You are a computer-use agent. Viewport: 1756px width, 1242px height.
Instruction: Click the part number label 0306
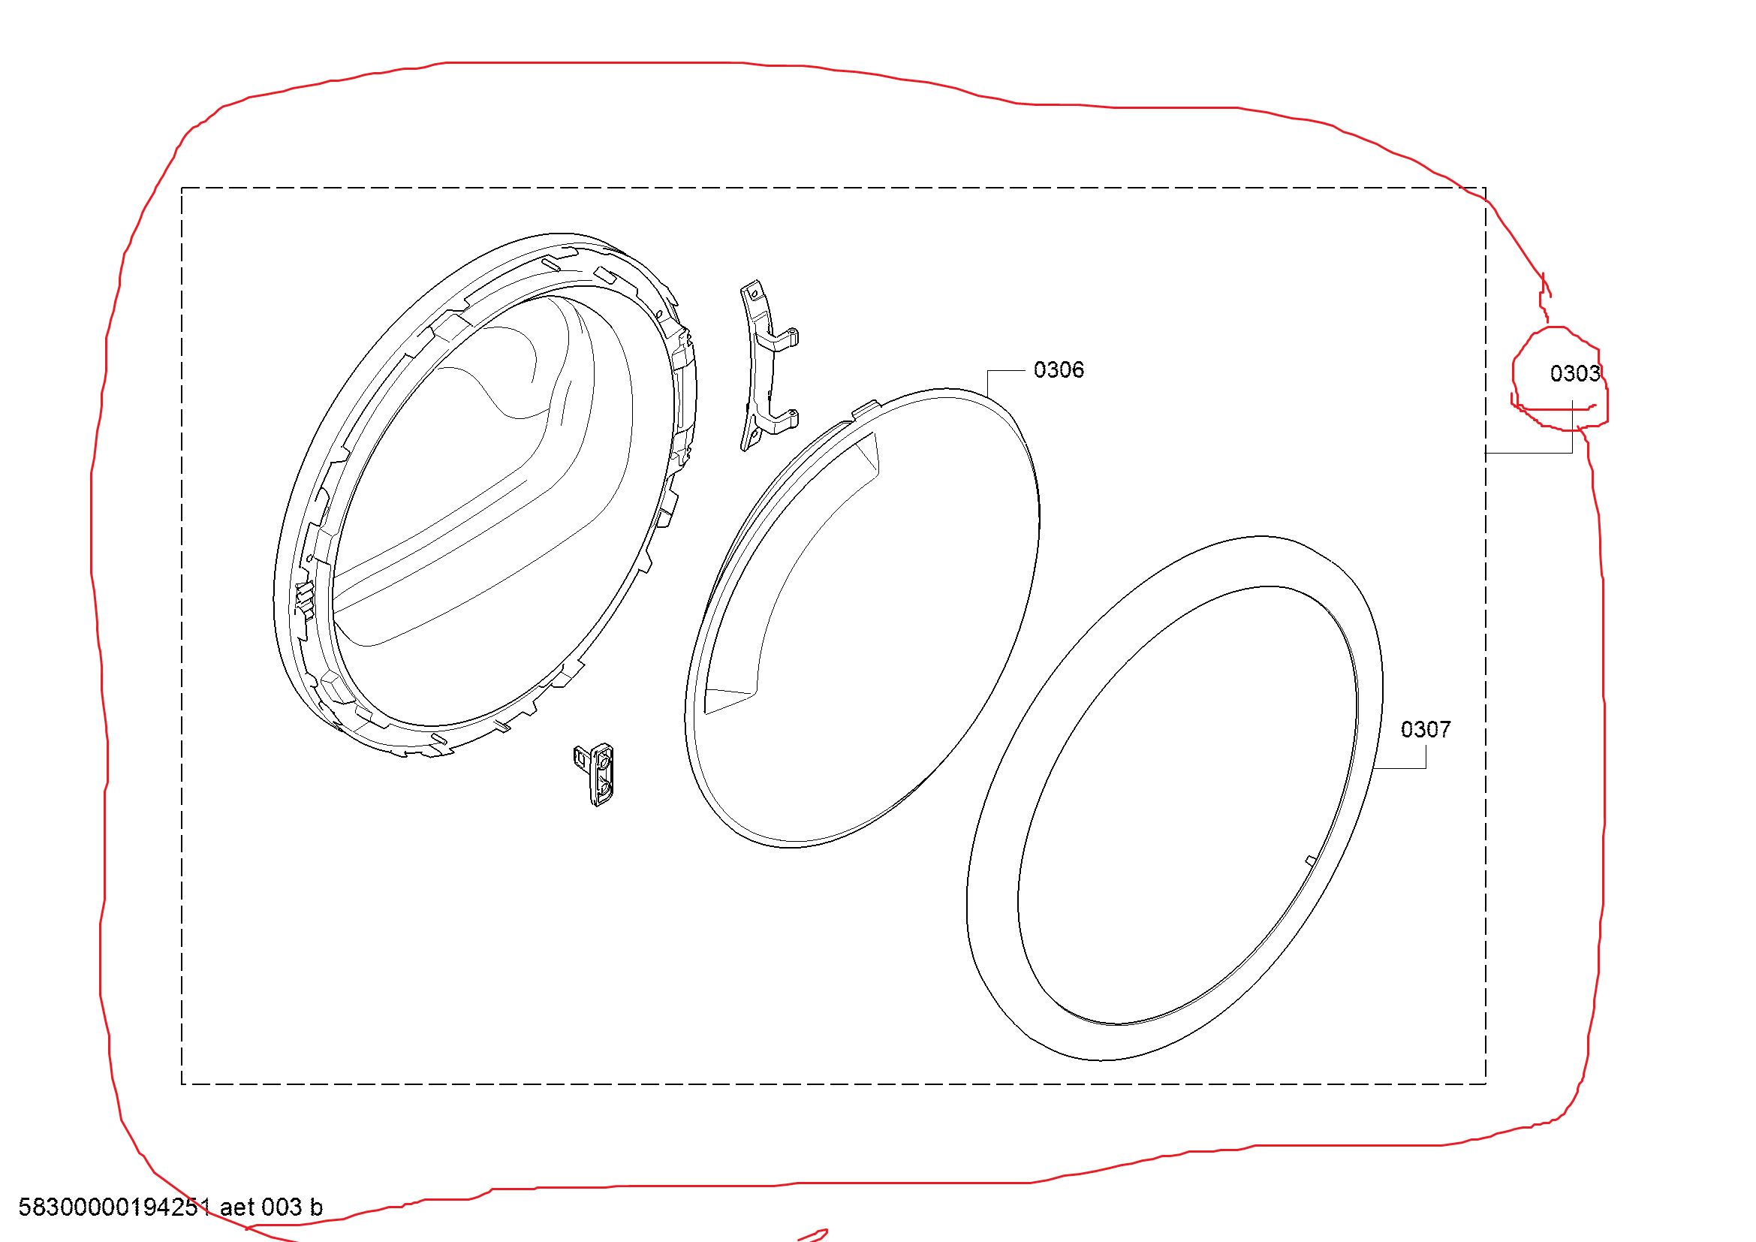(x=1059, y=370)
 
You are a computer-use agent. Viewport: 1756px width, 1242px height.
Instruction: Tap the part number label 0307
(x=1426, y=730)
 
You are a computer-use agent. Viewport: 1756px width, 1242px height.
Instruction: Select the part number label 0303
(x=1575, y=374)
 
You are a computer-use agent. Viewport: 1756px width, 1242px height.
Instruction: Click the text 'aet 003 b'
(x=272, y=1207)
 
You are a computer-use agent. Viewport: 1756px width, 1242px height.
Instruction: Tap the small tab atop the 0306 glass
(x=865, y=409)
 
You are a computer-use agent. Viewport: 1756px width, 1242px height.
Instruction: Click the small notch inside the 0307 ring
(x=1310, y=861)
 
